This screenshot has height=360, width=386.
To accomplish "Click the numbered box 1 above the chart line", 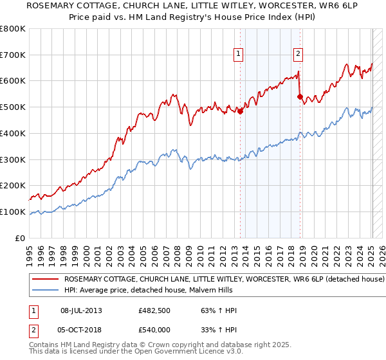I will [238, 55].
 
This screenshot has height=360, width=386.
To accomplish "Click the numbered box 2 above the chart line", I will [299, 55].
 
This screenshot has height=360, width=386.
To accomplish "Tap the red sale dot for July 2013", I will [241, 111].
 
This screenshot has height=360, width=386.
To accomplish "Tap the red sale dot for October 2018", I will [300, 96].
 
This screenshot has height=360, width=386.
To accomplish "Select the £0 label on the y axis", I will [20, 238].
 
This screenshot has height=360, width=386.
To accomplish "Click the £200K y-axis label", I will [13, 186].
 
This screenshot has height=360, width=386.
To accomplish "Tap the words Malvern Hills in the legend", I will [210, 290].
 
